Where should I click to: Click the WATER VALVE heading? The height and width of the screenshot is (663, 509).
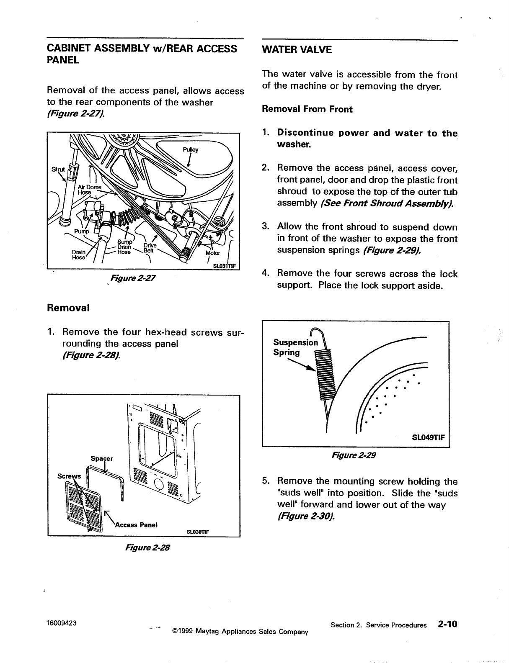[296, 50]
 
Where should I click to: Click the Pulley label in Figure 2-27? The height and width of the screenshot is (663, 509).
[190, 149]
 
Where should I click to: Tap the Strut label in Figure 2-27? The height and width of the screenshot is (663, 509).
[58, 170]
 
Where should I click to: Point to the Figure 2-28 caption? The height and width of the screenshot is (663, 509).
[145, 547]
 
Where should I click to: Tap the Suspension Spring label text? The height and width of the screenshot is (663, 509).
[295, 347]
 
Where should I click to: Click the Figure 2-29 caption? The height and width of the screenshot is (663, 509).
[354, 455]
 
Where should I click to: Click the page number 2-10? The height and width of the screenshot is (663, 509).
[447, 624]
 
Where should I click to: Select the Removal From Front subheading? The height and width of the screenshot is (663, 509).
[307, 109]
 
